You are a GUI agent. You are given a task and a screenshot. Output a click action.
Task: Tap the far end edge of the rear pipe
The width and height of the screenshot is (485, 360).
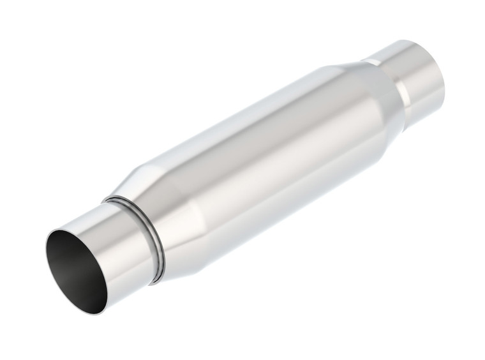(x=440, y=73)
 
